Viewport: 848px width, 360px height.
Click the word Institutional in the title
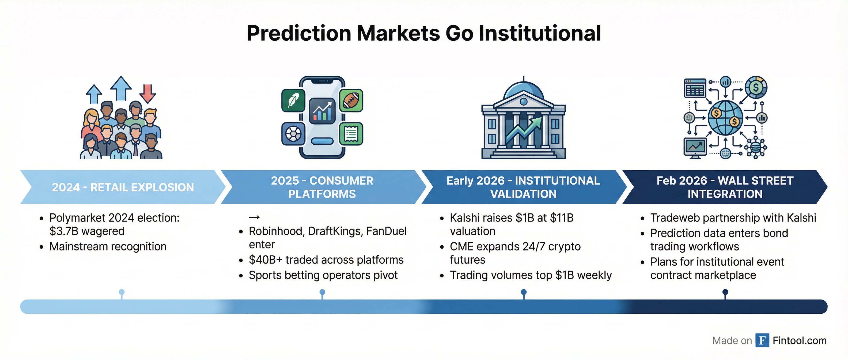[x=540, y=33]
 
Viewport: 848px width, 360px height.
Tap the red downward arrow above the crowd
[x=147, y=93]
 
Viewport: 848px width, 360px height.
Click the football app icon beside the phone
[x=351, y=100]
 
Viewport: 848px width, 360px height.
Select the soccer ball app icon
[x=293, y=134]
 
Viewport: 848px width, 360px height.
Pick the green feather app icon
[x=293, y=100]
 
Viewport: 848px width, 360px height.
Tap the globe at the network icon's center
[x=725, y=118]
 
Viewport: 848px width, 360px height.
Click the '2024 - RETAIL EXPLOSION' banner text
[x=123, y=187]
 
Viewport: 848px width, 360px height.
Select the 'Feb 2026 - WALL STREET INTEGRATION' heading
[x=725, y=187]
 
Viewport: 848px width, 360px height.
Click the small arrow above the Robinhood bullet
[x=254, y=217]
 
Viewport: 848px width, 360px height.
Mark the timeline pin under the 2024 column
[x=122, y=294]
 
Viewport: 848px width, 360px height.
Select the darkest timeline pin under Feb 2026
[x=725, y=294]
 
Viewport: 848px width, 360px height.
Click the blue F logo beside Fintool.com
[x=762, y=340]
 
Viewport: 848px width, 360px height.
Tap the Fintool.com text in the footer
[x=800, y=340]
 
